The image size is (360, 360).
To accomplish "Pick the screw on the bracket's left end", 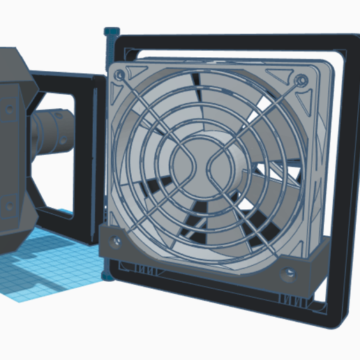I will click(117, 240).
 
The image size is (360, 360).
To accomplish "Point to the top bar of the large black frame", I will click(230, 40).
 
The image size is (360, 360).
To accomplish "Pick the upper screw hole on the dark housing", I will click(10, 107).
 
